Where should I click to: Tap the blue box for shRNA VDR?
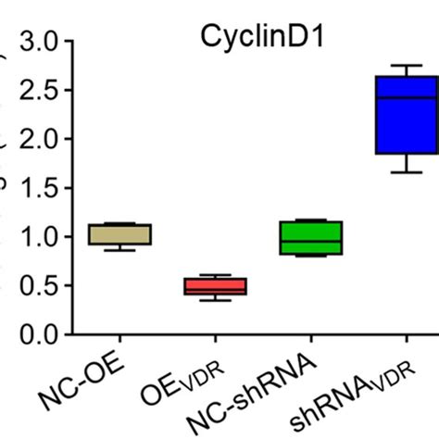406,115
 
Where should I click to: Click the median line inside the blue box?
406,97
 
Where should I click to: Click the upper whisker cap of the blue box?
406,66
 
